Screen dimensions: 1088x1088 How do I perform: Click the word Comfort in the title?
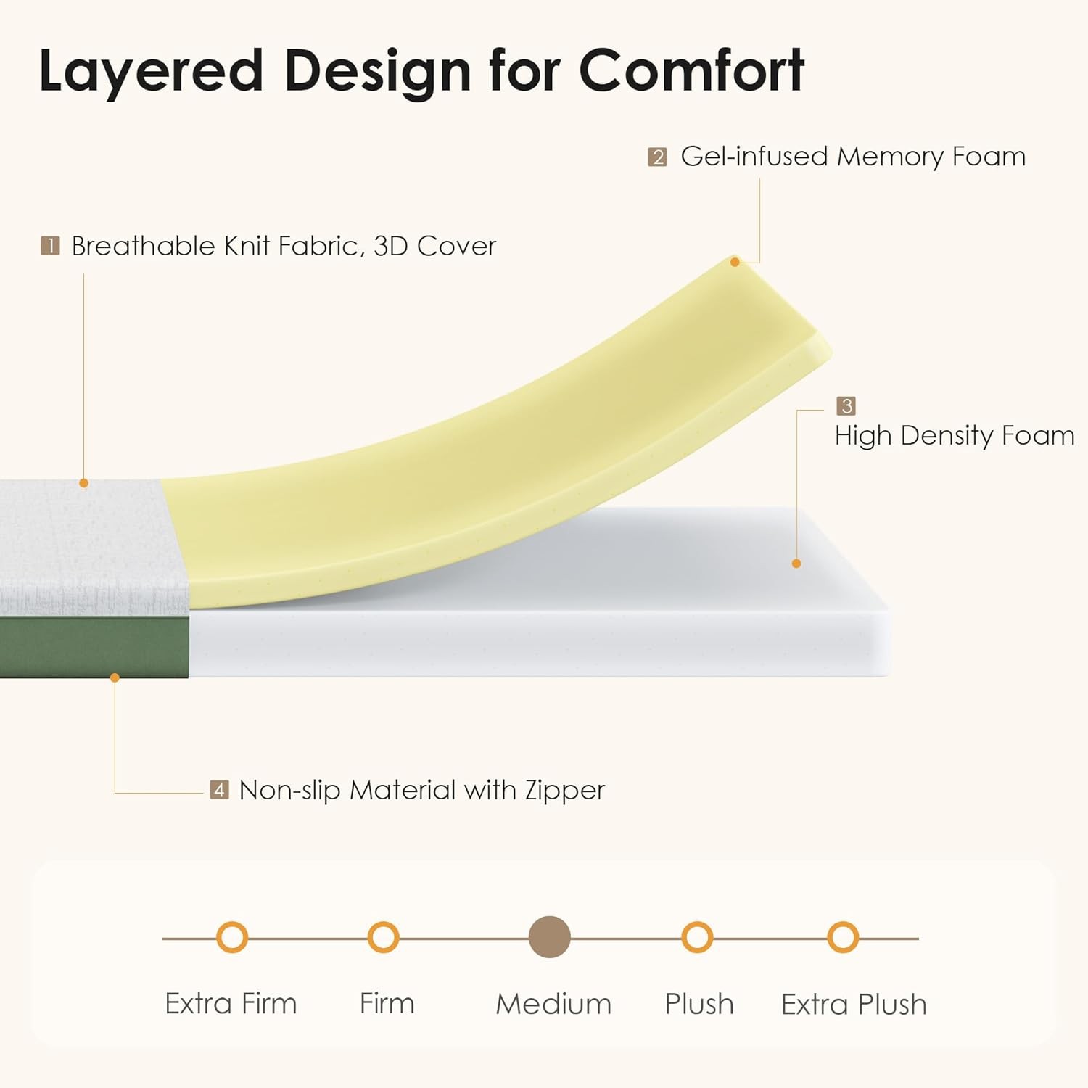pos(691,70)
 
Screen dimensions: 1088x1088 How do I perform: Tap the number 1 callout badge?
pos(50,246)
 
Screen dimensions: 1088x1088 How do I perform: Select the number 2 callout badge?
pos(657,157)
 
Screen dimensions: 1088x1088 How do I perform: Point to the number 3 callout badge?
pos(846,405)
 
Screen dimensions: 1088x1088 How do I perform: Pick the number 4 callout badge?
pos(219,789)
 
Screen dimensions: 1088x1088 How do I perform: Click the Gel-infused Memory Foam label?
pos(853,157)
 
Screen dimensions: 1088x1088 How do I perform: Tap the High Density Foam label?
pos(955,436)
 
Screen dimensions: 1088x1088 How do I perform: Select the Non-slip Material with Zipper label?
pos(421,790)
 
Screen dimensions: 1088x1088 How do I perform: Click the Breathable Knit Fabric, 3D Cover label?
pos(284,247)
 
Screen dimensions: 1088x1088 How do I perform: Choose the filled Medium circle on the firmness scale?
pos(550,937)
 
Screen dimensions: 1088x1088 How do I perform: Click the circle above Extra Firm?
pos(232,938)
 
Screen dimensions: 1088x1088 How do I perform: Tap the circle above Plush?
pos(698,938)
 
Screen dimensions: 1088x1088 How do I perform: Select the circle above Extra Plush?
pos(843,938)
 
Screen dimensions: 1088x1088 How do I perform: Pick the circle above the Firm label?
pos(383,938)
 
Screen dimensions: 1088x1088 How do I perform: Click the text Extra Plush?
pos(854,1005)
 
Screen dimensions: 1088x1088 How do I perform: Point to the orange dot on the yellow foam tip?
pos(735,262)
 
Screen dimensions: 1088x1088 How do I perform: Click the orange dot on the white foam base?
pos(796,564)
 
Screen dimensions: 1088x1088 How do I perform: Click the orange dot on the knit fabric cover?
pos(83,483)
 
